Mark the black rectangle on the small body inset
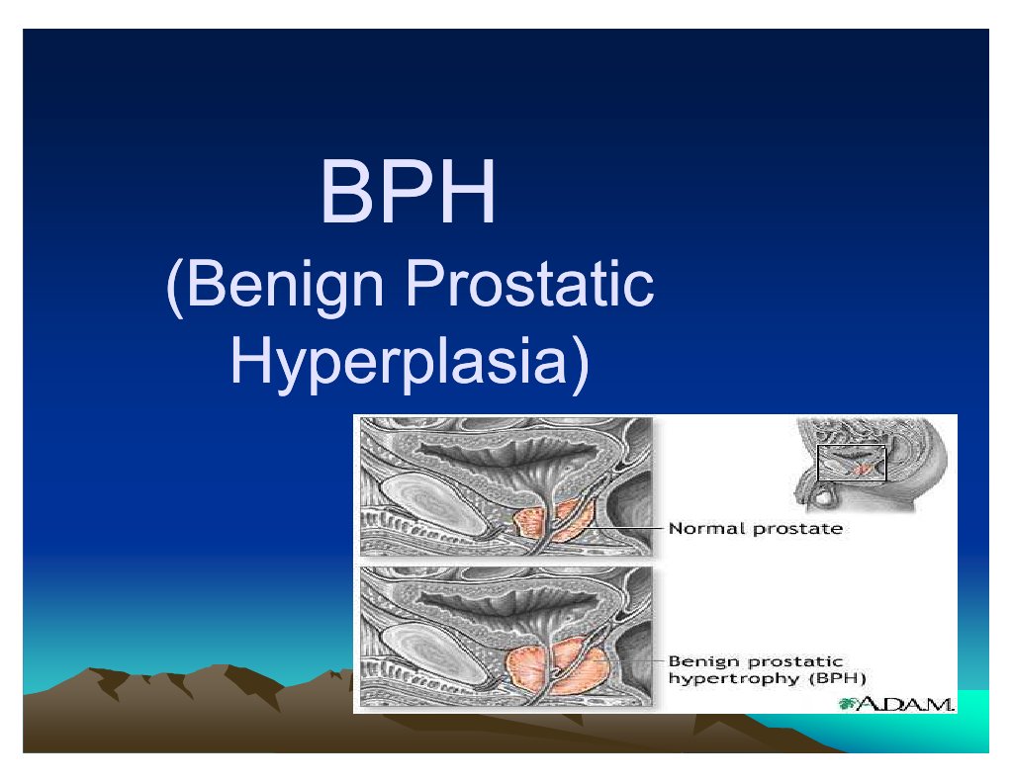pyautogui.click(x=852, y=463)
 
